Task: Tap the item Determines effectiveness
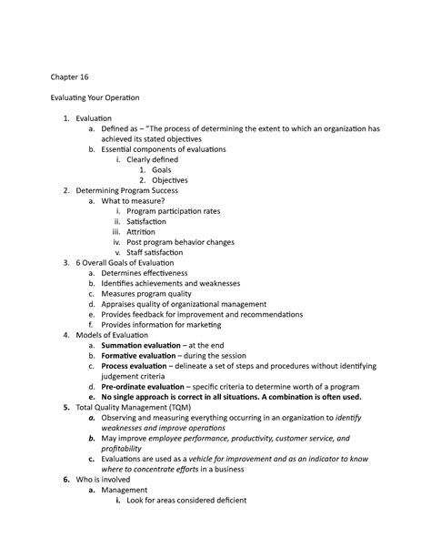[x=145, y=273]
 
